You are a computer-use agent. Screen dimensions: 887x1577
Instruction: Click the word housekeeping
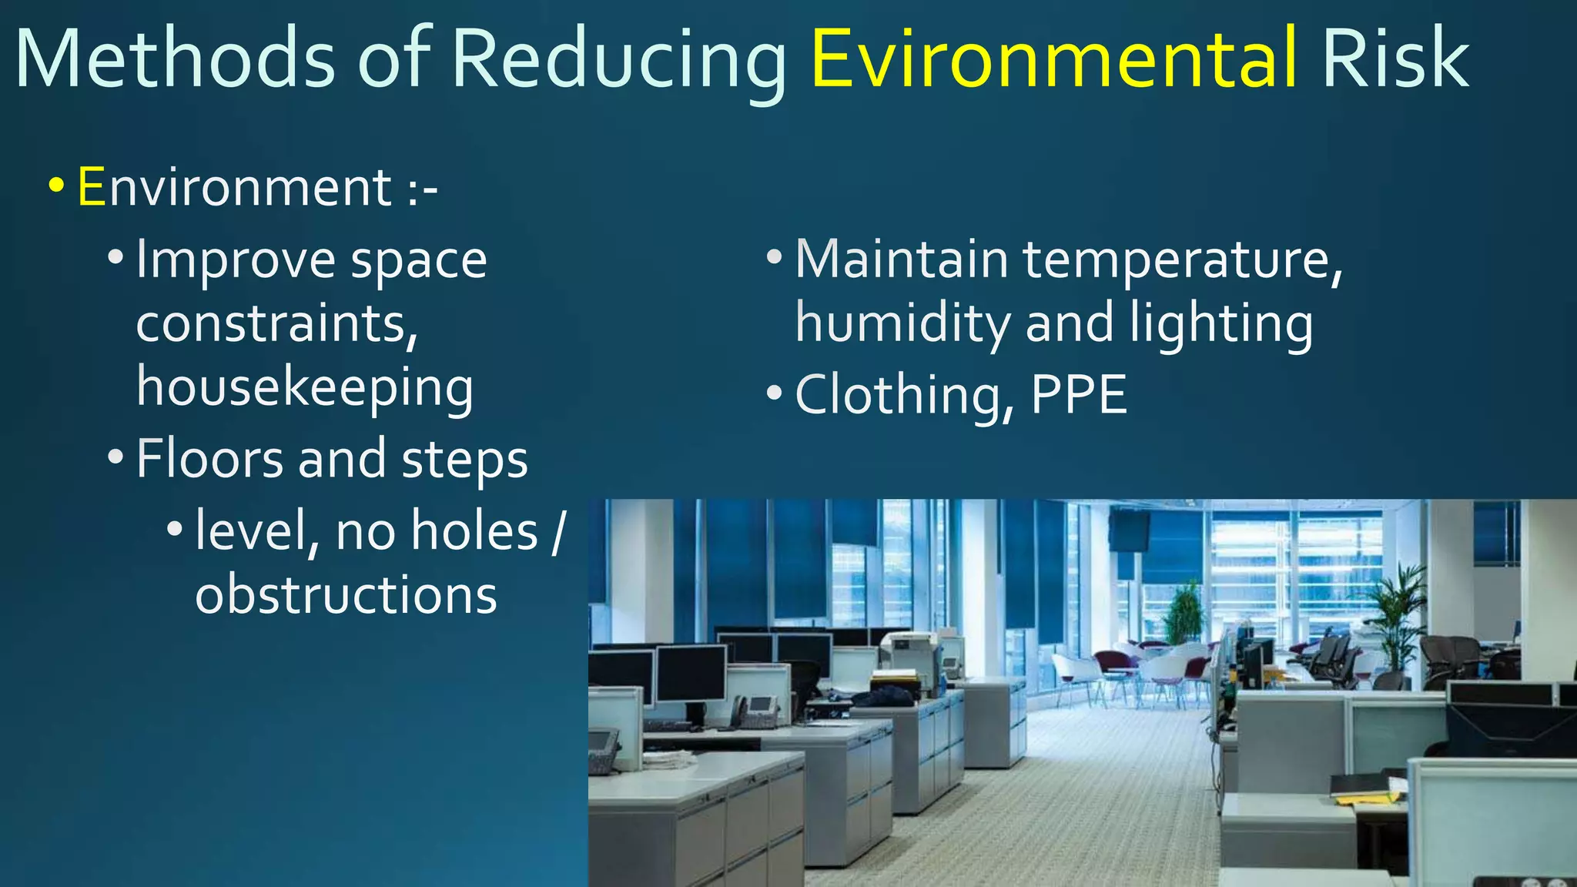pos(305,387)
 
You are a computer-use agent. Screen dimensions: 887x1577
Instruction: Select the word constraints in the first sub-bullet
pos(276,323)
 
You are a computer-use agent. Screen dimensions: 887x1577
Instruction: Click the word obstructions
pos(346,595)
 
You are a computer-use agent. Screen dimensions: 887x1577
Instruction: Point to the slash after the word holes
pos(558,531)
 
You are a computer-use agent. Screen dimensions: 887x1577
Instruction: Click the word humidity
pos(902,324)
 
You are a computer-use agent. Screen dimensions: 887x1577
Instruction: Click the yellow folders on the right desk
pos(1371,793)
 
